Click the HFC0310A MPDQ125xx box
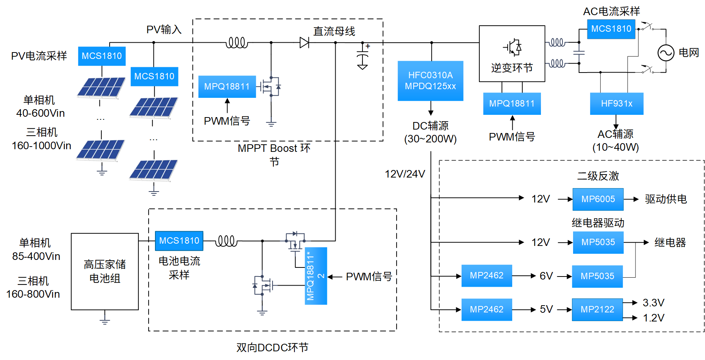430,81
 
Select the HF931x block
617,104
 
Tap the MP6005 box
598,199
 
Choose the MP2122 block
597,309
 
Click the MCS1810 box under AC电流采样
611,29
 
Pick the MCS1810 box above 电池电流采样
179,241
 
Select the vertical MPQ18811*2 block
316,276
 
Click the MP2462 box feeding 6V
487,276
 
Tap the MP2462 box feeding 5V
487,309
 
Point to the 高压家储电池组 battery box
105,272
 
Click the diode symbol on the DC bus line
304,42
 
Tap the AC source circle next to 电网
666,53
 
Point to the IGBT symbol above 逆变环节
512,48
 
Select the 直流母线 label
334,31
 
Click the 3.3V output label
653,303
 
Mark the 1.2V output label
654,318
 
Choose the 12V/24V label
405,174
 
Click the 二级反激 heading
598,176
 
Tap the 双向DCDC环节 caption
272,347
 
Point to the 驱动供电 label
666,199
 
